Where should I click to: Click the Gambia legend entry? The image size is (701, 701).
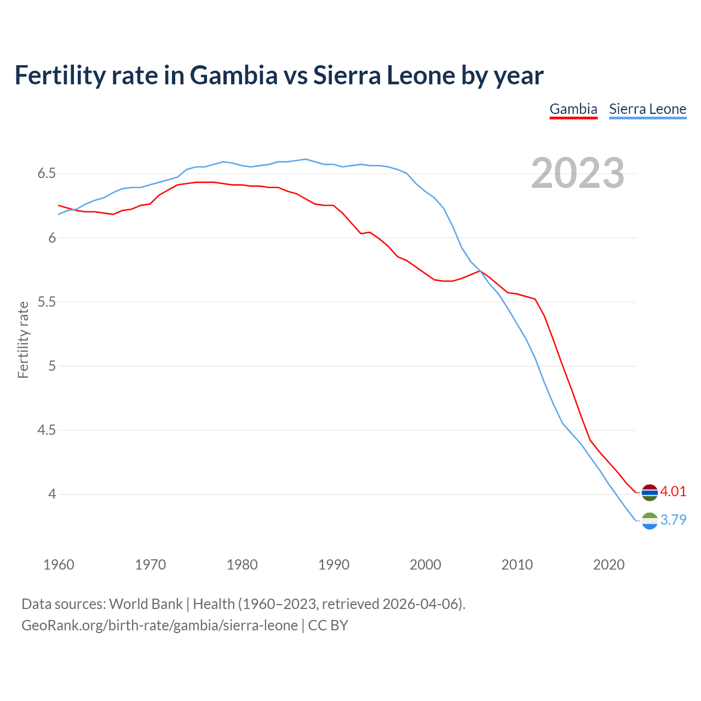(573, 109)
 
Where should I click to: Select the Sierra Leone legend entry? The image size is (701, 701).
(647, 109)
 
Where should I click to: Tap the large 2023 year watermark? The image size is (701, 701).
(577, 173)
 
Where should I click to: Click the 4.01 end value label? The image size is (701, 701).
(673, 491)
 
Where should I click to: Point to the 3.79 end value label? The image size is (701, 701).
(673, 520)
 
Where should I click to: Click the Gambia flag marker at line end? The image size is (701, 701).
(650, 492)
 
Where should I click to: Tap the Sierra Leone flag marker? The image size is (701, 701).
(650, 521)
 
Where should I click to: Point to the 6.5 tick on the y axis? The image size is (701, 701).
(47, 174)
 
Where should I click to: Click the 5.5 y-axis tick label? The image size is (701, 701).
(47, 302)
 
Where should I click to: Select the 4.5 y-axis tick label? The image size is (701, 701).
(47, 430)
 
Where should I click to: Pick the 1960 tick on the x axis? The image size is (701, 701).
(59, 565)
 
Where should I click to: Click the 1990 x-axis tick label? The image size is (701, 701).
(334, 565)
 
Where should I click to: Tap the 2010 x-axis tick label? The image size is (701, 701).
(517, 565)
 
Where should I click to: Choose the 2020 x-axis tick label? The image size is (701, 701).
(608, 565)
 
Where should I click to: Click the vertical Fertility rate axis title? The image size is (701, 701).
(23, 340)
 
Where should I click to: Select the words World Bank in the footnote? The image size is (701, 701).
(146, 604)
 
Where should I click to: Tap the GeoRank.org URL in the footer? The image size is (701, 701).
(159, 625)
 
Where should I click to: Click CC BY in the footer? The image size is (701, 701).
(328, 625)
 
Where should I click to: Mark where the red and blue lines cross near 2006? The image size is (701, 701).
(480, 271)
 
